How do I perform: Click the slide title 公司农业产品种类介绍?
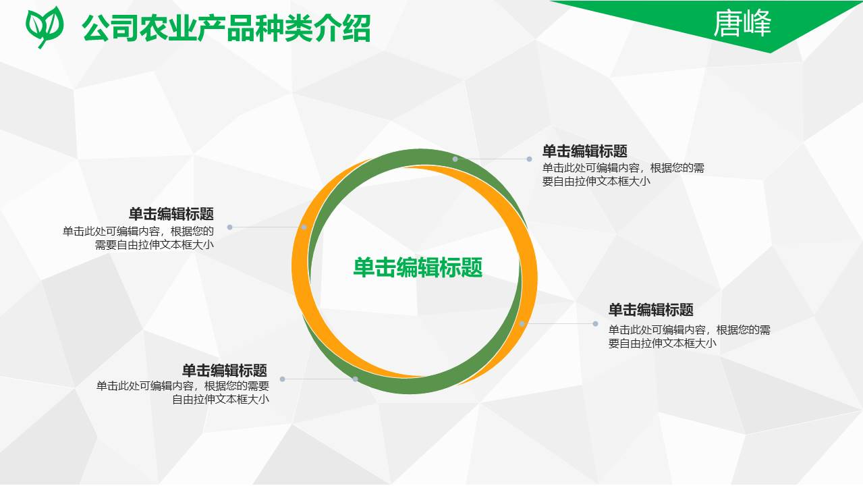tap(226, 28)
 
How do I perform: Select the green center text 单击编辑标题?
tap(418, 267)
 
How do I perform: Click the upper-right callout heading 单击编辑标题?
tap(584, 151)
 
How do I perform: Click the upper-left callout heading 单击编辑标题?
tap(171, 214)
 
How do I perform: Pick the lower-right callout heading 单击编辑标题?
tap(650, 310)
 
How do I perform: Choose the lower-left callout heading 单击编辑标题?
tap(225, 371)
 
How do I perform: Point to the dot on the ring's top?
tap(455, 159)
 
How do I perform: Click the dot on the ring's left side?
tap(304, 227)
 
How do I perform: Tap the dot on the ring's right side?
tap(522, 324)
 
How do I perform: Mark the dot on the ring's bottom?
tap(355, 379)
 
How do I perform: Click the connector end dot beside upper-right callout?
tap(530, 159)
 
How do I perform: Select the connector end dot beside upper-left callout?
tap(230, 227)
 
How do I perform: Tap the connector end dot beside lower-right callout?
tap(595, 323)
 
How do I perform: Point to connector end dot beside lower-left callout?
tap(283, 379)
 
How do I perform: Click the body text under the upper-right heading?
tap(623, 174)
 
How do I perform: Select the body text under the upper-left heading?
tap(139, 238)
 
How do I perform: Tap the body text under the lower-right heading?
tap(689, 336)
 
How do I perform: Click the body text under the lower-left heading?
tap(183, 392)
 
